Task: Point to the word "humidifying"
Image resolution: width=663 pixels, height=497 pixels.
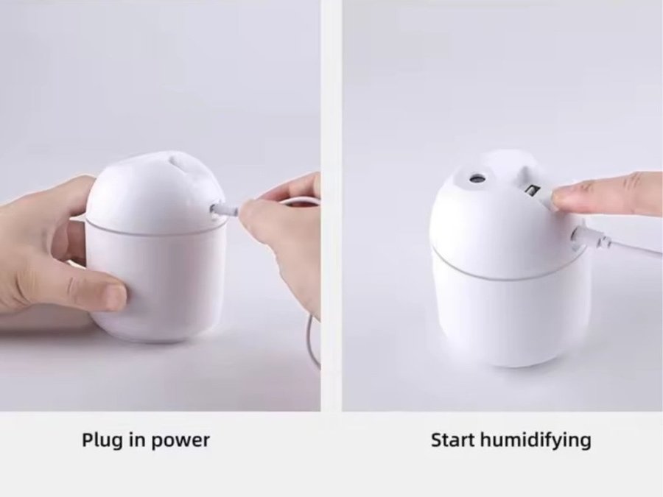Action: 536,441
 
